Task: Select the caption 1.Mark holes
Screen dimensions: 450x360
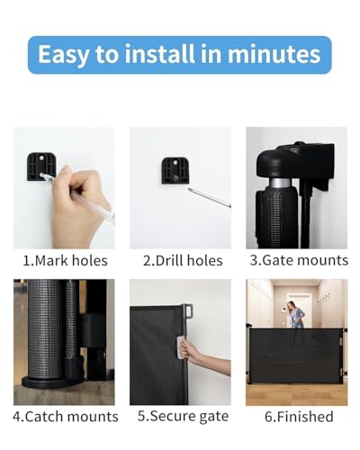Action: coord(65,261)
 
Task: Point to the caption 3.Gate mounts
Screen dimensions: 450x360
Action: coord(298,261)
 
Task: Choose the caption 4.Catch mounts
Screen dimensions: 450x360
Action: coord(65,417)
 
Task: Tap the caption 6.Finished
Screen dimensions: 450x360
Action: coord(298,417)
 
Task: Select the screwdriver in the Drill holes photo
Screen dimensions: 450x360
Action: coord(209,198)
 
